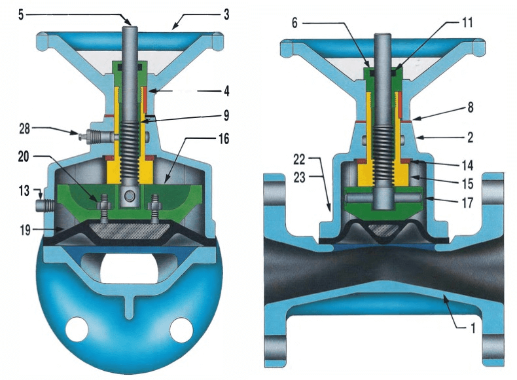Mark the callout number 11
(x=465, y=22)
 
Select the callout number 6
(x=295, y=23)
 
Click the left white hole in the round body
(x=77, y=326)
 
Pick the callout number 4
(x=224, y=89)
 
